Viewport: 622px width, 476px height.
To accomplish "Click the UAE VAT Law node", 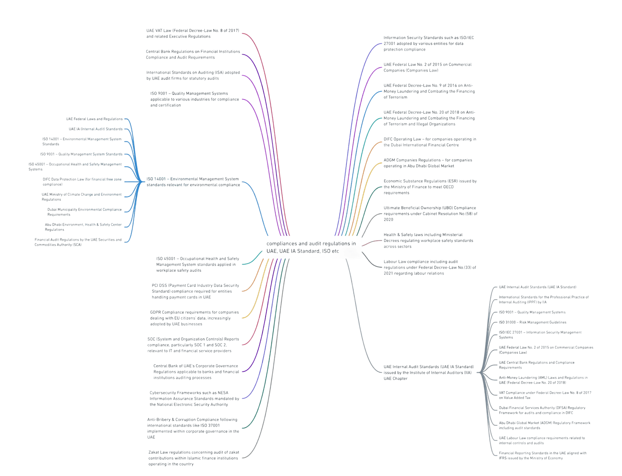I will [192, 33].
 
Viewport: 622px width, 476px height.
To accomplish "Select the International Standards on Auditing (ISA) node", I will [193, 75].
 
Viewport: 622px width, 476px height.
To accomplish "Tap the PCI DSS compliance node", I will [195, 291].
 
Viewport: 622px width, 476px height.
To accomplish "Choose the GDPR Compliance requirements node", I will [194, 318].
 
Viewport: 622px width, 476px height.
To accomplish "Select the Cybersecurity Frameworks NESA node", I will [194, 399].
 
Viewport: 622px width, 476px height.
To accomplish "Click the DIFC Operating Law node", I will [430, 142].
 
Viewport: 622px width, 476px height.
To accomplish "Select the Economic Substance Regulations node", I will [430, 187].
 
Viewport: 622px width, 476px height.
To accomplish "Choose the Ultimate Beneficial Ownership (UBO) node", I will [430, 214].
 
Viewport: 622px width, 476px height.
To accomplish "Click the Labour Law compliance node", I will [430, 267].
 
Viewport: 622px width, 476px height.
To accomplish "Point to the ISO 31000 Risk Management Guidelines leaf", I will [532, 323].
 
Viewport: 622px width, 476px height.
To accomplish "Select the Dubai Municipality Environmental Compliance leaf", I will [84, 212].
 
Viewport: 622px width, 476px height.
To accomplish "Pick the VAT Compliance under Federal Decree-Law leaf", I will [545, 395].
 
